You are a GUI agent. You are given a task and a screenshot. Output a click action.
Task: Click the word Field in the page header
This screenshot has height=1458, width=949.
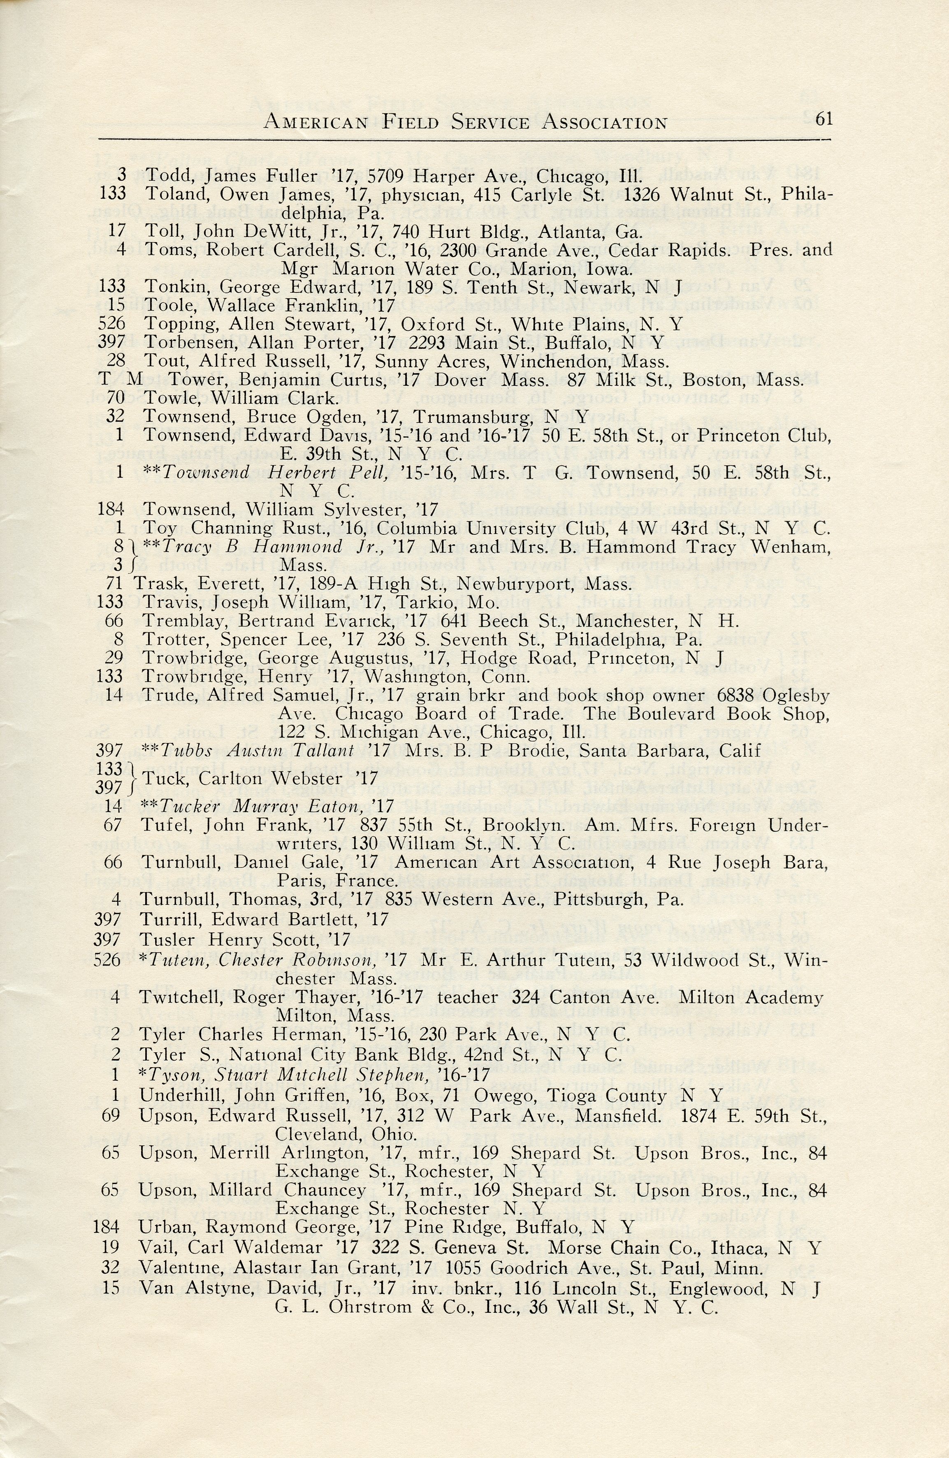(x=411, y=123)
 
